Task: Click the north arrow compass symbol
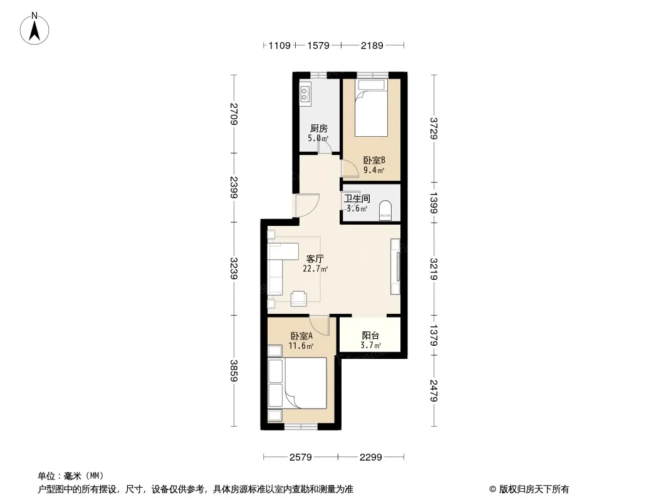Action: (34, 29)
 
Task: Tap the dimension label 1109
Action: (279, 45)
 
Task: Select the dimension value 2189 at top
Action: (372, 45)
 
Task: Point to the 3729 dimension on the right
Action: (434, 129)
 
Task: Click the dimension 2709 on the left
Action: (234, 114)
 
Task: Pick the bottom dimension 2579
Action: (301, 457)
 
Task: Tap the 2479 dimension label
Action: (434, 390)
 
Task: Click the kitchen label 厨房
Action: (319, 128)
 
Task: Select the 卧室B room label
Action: (374, 161)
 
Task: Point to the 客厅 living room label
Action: (315, 259)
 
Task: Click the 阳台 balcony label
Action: (370, 336)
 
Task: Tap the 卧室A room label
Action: (301, 336)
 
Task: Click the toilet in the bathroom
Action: (385, 210)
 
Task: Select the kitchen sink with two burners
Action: (305, 93)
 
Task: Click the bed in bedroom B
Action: (371, 108)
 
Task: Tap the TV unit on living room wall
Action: (396, 267)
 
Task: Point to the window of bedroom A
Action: (301, 426)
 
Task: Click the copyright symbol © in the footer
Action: (493, 489)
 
